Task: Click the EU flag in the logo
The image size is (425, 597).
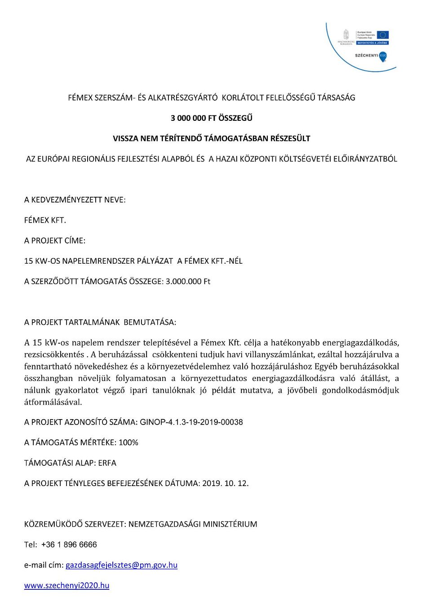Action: [383, 35]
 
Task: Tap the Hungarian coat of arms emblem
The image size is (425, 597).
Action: [346, 35]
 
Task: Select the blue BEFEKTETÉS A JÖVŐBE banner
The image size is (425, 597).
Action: [372, 43]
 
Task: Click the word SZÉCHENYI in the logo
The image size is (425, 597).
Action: [366, 56]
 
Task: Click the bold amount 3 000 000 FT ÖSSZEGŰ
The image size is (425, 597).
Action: [212, 118]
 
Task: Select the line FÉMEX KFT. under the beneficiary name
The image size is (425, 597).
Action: [45, 220]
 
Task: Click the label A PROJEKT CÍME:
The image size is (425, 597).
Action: [55, 241]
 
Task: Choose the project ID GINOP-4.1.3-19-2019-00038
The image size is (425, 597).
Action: [191, 422]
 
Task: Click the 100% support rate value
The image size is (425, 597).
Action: [128, 442]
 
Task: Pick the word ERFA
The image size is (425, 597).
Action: [107, 463]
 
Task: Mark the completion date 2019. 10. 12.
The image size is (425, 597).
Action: [226, 483]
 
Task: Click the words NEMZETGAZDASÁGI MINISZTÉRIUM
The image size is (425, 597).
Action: [193, 524]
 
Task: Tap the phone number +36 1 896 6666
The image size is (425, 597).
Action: [69, 544]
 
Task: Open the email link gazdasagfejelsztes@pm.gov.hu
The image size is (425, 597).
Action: [121, 565]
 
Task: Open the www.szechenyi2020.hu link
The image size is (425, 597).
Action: [66, 585]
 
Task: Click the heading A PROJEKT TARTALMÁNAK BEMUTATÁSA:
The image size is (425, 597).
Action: [100, 322]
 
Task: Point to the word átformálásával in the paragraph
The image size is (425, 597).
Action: [53, 402]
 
